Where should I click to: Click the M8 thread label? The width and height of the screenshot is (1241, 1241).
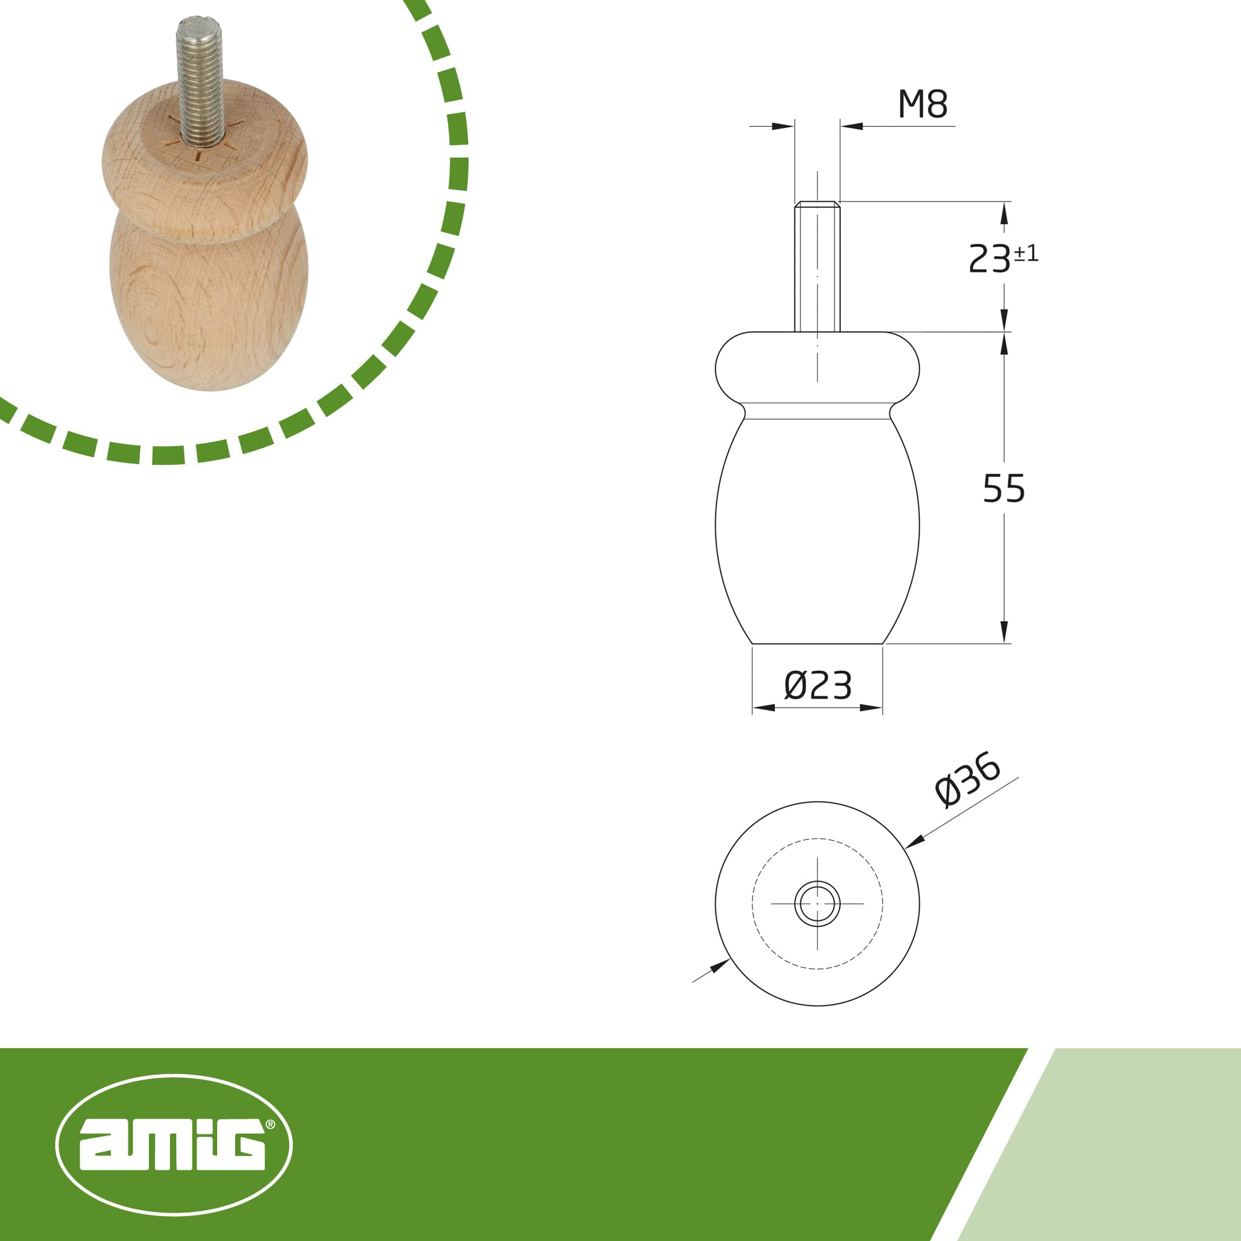pos(923,104)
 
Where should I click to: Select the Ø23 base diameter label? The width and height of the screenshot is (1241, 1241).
pos(818,686)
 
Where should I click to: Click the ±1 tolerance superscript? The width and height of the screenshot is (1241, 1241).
pos(1026,254)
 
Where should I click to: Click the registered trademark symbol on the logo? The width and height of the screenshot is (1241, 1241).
pos(271,1124)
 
